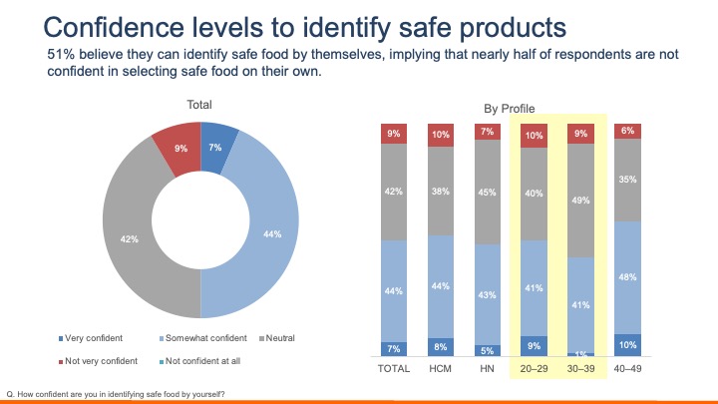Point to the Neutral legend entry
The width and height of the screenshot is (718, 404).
click(x=288, y=338)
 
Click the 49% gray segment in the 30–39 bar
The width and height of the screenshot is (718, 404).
click(x=580, y=201)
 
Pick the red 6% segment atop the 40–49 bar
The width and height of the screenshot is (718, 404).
click(x=626, y=132)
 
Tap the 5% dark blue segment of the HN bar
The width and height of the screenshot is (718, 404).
click(x=487, y=350)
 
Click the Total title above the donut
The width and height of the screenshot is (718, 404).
click(x=199, y=105)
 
